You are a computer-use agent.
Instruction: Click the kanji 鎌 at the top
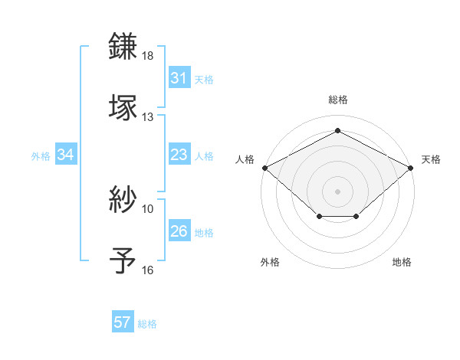point(123,46)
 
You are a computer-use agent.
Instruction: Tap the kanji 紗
point(123,199)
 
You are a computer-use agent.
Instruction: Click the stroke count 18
point(148,56)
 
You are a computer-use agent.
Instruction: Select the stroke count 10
point(148,208)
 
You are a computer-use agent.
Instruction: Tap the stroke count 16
point(148,270)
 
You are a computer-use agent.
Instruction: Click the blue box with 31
point(179,78)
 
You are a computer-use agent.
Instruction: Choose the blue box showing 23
point(179,155)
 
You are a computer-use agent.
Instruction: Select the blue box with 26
point(179,231)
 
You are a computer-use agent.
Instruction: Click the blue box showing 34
point(66,155)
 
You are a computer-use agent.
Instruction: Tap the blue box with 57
point(123,322)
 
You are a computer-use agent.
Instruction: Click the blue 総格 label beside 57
point(147,324)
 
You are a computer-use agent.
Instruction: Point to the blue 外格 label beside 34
point(41,156)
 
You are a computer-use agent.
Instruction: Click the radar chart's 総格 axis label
point(338,100)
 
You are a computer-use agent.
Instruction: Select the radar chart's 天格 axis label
point(432,159)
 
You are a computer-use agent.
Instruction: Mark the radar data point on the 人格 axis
point(264,167)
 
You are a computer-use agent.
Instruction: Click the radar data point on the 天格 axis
point(412,167)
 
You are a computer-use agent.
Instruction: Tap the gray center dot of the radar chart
point(338,191)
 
